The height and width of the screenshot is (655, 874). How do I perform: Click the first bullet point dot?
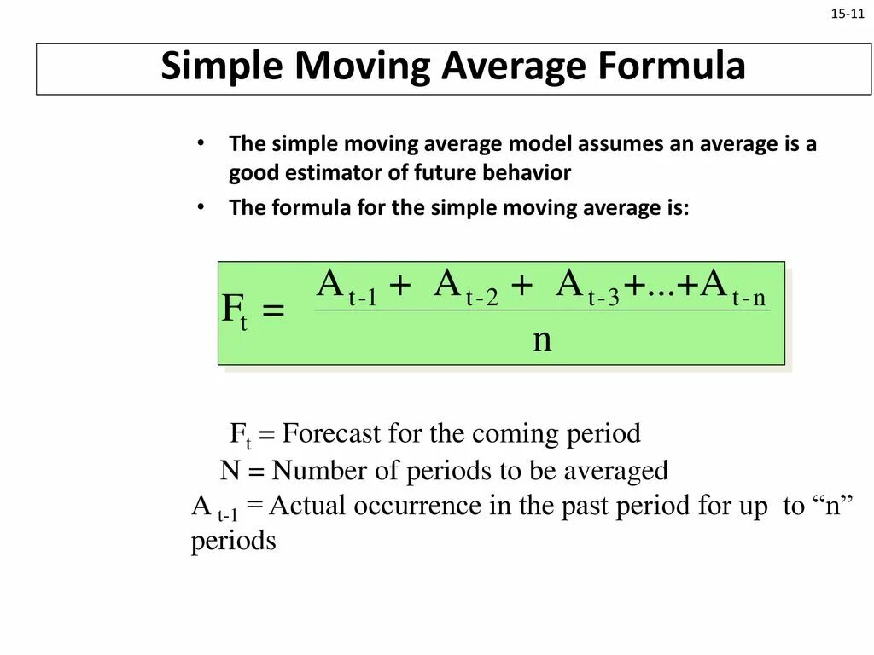click(x=200, y=143)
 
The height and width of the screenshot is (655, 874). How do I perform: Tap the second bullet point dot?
click(x=200, y=208)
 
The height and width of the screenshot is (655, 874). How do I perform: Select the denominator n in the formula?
click(x=542, y=339)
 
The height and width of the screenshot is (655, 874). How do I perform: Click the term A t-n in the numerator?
click(x=734, y=287)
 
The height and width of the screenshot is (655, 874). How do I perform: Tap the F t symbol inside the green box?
click(x=234, y=310)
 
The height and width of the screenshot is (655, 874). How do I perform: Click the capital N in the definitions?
click(x=229, y=470)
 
